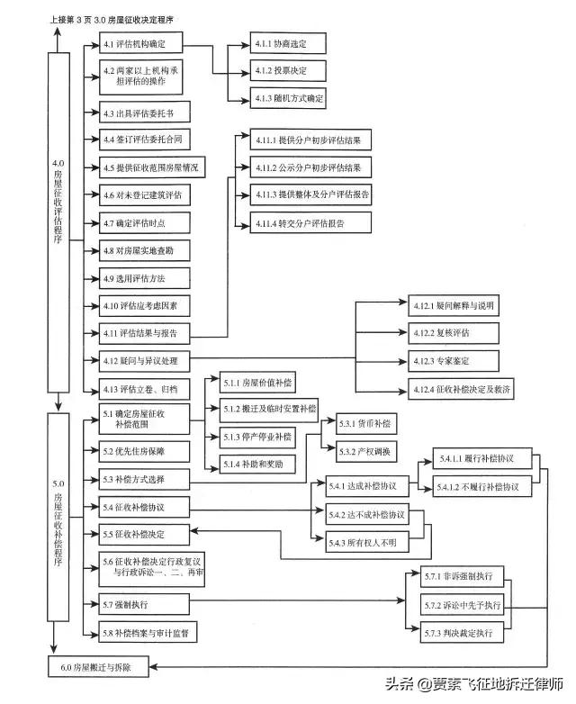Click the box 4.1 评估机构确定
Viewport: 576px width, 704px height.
(141, 43)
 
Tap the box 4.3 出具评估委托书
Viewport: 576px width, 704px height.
(141, 113)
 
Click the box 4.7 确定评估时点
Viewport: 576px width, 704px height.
(141, 222)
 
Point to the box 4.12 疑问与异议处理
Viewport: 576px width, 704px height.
(141, 361)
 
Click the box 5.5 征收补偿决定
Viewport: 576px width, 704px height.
(141, 535)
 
